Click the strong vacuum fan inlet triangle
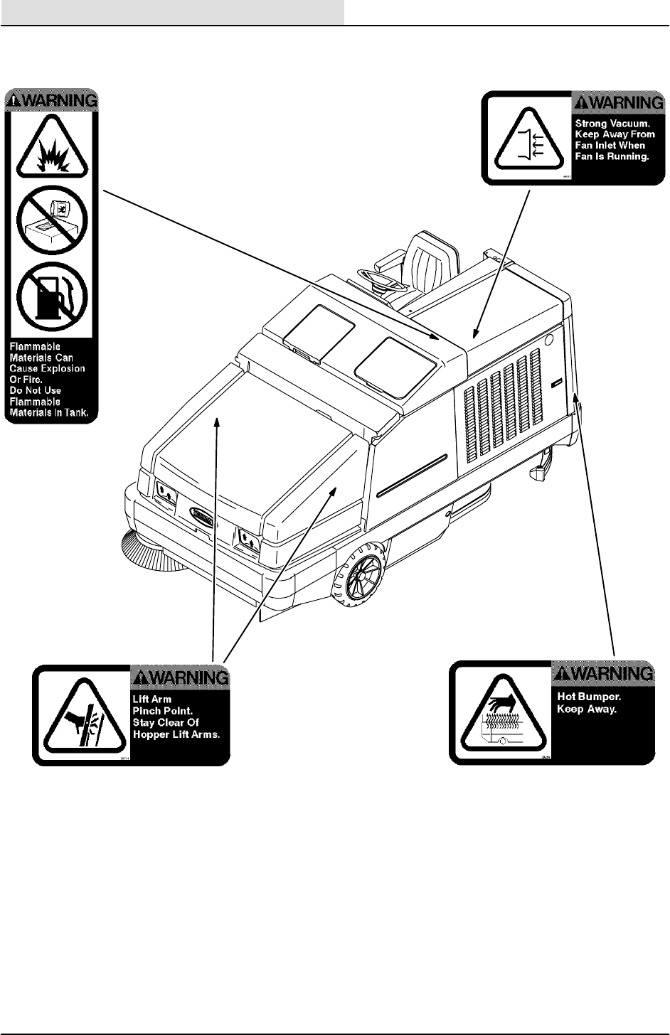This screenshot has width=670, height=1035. [x=527, y=139]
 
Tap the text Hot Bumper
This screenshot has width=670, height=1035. [x=589, y=697]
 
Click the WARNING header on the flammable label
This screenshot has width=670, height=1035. [x=52, y=100]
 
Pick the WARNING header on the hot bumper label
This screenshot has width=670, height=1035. [x=603, y=672]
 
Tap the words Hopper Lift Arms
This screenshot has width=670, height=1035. [x=176, y=734]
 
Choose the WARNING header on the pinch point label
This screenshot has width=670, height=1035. [x=181, y=677]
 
